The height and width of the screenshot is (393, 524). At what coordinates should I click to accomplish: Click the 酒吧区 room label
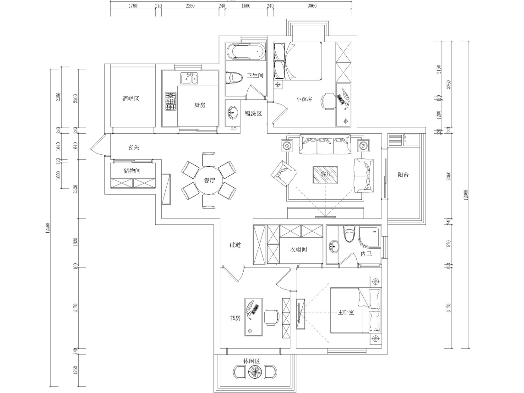[131, 99]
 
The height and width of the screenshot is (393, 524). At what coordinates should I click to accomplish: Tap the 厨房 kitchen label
[199, 105]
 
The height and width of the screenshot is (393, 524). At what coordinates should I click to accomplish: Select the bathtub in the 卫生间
[246, 51]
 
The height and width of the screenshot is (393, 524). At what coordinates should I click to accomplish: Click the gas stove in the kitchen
[171, 101]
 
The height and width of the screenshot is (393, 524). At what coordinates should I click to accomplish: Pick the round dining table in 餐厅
[209, 180]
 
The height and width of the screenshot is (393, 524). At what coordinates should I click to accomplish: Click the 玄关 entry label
[133, 147]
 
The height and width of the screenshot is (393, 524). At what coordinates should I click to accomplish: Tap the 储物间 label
[132, 170]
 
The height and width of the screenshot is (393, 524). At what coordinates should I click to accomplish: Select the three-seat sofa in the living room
[325, 146]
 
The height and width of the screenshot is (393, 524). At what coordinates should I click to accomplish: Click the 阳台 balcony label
[403, 175]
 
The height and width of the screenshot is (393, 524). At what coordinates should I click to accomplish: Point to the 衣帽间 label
[298, 250]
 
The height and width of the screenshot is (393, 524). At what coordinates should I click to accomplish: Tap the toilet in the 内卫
[349, 234]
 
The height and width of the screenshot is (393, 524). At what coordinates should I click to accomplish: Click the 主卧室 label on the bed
[346, 312]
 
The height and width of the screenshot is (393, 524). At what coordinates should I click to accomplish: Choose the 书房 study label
[235, 318]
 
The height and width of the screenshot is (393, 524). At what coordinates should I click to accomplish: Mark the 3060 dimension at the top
[312, 6]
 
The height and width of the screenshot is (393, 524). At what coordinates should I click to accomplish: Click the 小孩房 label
[304, 99]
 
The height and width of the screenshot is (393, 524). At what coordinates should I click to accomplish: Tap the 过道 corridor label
[235, 245]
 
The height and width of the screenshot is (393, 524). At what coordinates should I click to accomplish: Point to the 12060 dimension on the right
[466, 195]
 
